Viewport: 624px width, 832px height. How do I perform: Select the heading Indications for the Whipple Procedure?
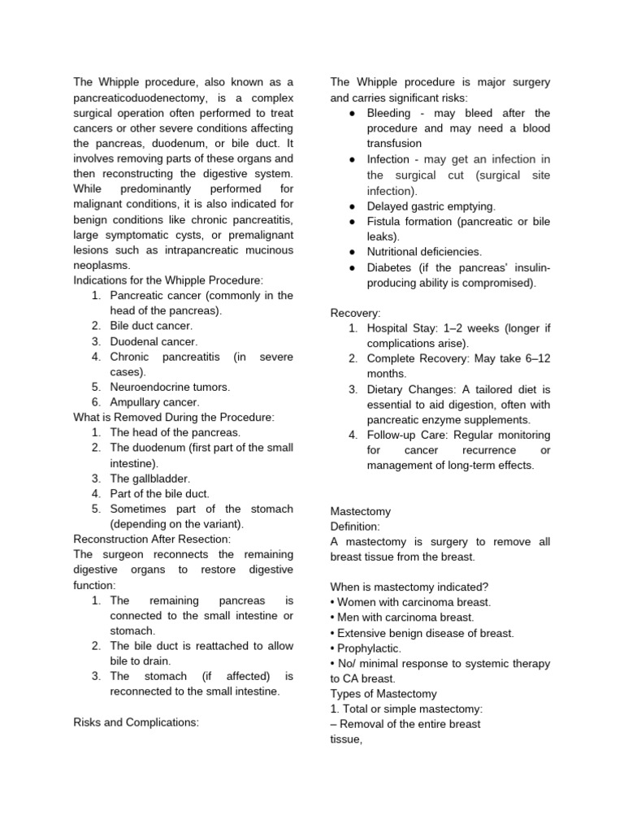click(x=168, y=280)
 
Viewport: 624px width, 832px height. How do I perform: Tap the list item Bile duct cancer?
click(x=151, y=326)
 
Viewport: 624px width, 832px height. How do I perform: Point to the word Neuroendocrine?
click(x=151, y=387)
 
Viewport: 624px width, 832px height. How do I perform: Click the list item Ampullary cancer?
click(x=154, y=401)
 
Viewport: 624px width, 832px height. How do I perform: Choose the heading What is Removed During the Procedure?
click(x=174, y=417)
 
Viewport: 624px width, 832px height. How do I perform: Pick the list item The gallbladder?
click(x=150, y=478)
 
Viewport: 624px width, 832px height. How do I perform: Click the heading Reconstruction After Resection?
click(x=152, y=539)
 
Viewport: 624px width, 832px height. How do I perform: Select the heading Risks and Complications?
click(x=136, y=721)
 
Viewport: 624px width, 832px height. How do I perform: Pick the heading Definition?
click(x=355, y=526)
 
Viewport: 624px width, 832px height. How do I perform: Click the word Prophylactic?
click(x=369, y=648)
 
